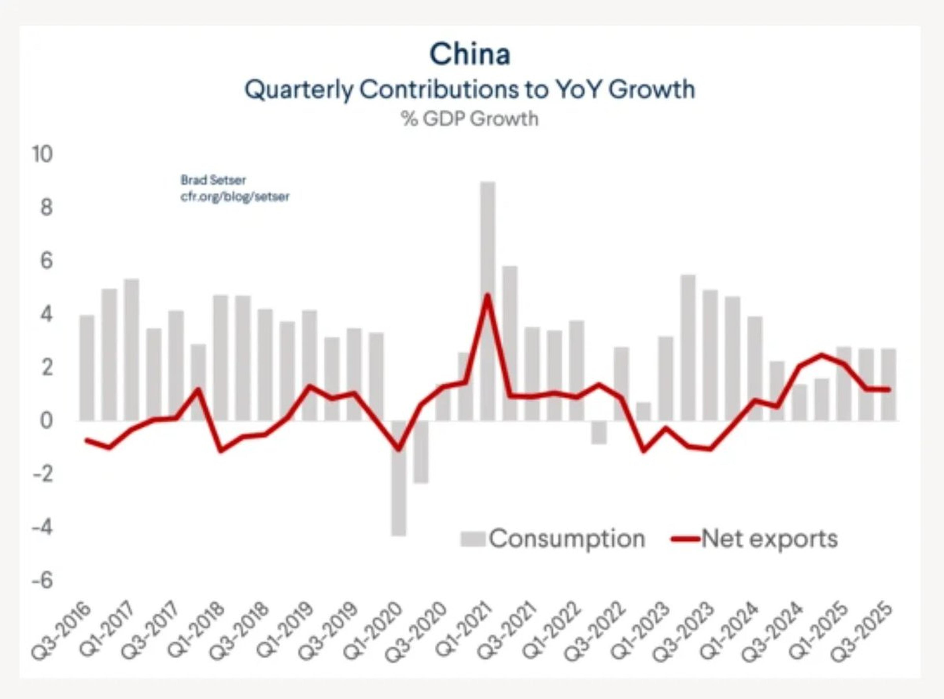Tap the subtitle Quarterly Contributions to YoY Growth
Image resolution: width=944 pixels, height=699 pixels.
point(470,90)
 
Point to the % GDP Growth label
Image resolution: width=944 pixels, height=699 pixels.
point(470,119)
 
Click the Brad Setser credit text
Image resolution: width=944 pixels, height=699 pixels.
point(213,180)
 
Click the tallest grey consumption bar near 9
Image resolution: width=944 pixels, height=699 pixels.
point(487,296)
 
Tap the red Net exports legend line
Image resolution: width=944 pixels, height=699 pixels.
point(685,539)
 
